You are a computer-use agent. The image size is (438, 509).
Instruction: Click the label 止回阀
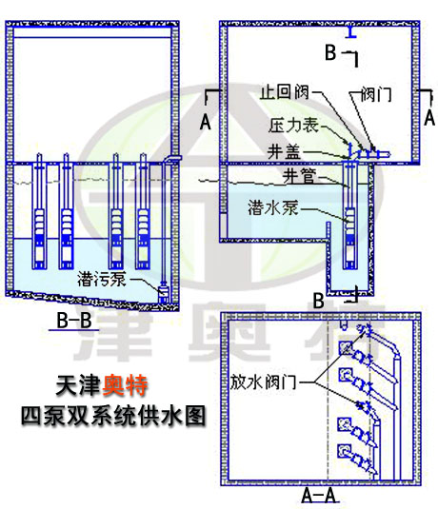coord(284,92)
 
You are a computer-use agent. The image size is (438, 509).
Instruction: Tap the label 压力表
coord(293,125)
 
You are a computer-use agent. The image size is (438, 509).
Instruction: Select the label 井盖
coord(284,151)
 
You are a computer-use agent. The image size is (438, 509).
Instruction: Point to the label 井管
coord(299,177)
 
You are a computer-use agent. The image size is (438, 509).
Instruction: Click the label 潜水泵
coord(273,207)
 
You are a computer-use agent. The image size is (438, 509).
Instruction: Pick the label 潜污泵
coord(102,279)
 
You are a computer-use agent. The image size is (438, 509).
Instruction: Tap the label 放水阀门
coord(263,382)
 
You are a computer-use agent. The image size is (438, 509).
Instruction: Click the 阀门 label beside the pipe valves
coord(376,94)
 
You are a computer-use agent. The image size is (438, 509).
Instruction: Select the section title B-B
coord(74,321)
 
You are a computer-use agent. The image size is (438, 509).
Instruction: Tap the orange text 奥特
coord(125,385)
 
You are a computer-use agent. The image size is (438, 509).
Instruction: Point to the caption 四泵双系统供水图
coord(113,416)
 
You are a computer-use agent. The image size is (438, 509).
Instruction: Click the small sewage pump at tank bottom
coord(163,293)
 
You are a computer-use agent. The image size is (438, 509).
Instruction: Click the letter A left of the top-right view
coord(206,123)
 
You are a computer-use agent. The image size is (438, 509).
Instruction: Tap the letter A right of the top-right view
coord(429,118)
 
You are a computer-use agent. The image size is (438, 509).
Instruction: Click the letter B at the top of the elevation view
coord(330,52)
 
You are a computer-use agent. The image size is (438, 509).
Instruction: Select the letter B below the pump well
coord(318,301)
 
